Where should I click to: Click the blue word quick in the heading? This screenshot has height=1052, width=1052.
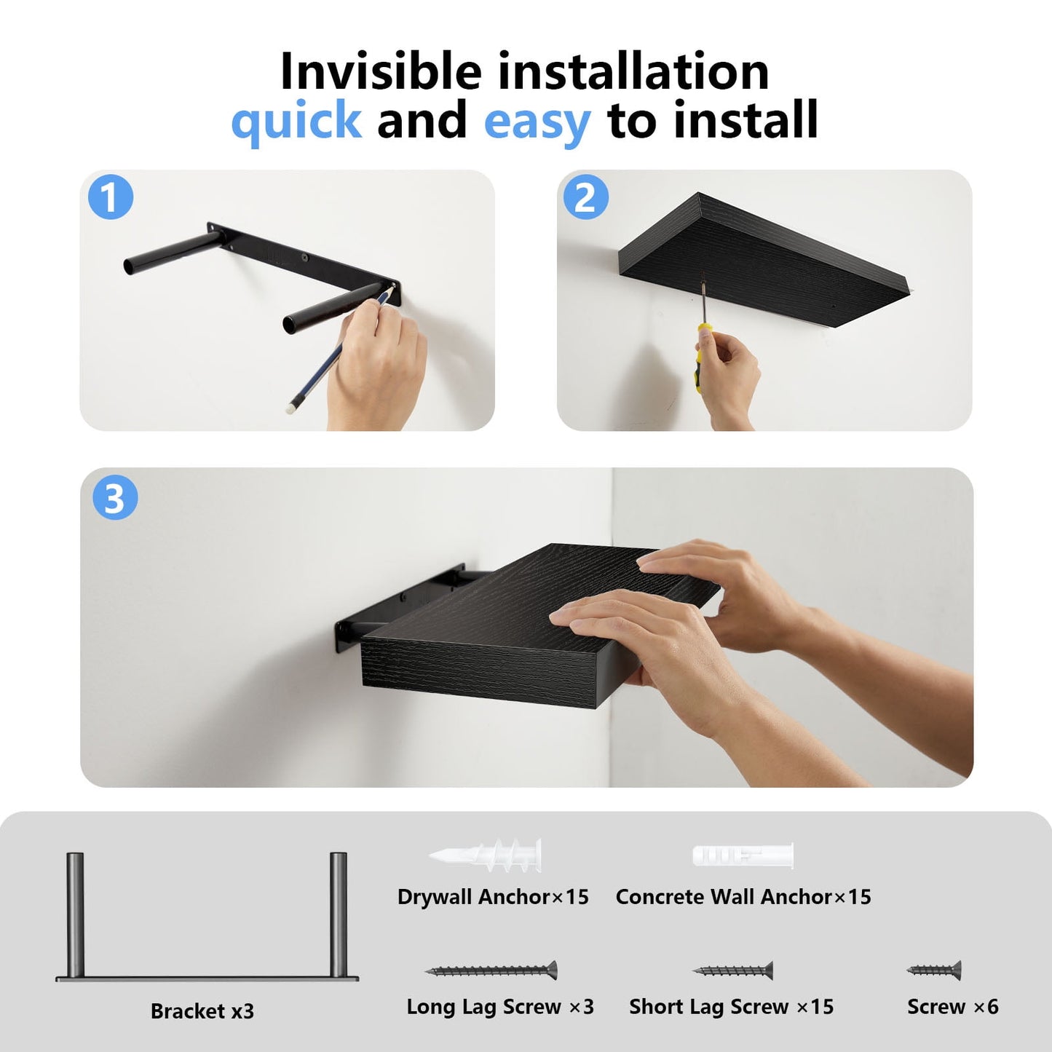296,121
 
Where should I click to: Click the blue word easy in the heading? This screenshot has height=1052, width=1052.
537,121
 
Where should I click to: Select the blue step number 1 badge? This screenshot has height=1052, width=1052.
111,197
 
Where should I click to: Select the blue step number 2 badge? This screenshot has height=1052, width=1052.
585,197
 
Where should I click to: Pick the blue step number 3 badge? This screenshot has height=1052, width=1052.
115,498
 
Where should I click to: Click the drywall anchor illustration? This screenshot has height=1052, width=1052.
486,854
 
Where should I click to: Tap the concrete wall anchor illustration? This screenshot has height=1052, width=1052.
743,855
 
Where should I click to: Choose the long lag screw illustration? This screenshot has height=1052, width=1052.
491,970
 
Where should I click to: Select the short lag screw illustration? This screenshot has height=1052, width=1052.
732,970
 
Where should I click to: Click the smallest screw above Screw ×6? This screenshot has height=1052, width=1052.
934,970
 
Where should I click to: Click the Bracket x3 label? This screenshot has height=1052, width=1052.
202,1011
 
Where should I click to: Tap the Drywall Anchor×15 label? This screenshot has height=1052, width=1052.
493,897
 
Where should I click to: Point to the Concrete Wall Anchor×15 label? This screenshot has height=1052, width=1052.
743,897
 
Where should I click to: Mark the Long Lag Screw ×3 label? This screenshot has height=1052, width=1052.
500,1007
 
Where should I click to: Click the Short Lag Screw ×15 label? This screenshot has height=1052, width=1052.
731,1007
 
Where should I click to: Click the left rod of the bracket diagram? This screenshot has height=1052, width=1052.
75,914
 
